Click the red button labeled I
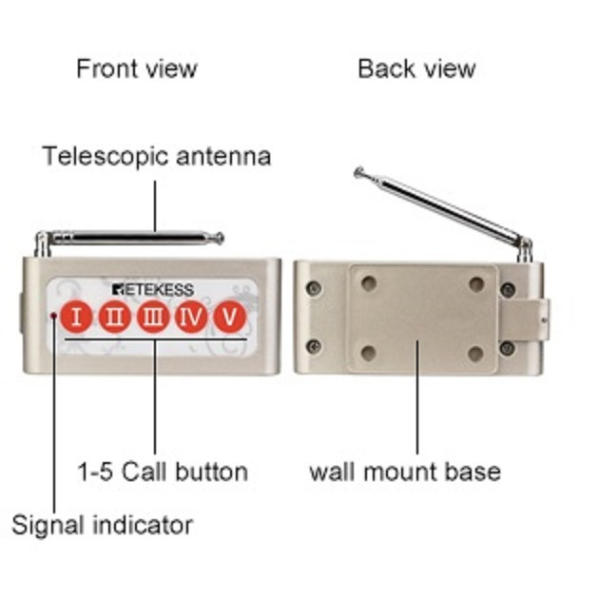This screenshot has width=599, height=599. pyautogui.click(x=77, y=317)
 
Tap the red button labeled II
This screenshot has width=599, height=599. pyautogui.click(x=114, y=317)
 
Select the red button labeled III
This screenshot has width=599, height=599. pyautogui.click(x=152, y=317)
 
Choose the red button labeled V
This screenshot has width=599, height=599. pyautogui.click(x=228, y=317)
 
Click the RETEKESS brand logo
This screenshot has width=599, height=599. pyautogui.click(x=153, y=289)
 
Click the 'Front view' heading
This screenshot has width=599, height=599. pyautogui.click(x=137, y=68)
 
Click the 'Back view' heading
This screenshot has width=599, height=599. pyautogui.click(x=416, y=68)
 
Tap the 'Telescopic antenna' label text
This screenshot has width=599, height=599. pyautogui.click(x=157, y=156)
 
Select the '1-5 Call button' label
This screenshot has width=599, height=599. pyautogui.click(x=163, y=472)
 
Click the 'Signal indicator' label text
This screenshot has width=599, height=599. pyautogui.click(x=103, y=524)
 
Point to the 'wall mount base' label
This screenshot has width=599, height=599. pyautogui.click(x=405, y=472)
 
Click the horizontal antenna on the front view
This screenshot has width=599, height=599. pyautogui.click(x=133, y=237)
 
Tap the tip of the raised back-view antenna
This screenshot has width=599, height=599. pyautogui.click(x=358, y=172)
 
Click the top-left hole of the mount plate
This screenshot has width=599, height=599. pyautogui.click(x=369, y=282)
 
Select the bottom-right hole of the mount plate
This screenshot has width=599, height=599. pyautogui.click(x=475, y=354)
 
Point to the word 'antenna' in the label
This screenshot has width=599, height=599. pyautogui.click(x=223, y=156)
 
